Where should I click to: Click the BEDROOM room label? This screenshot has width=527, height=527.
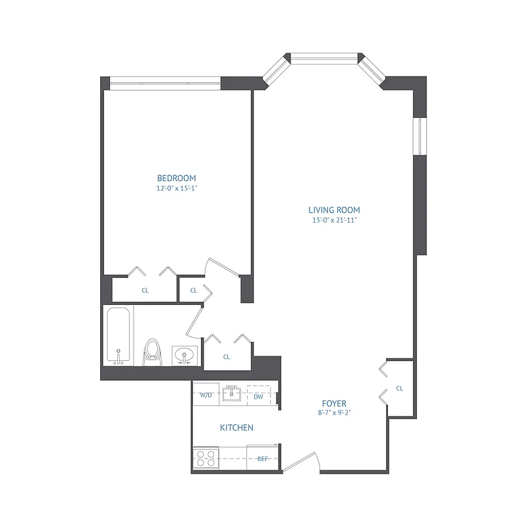[x=177, y=178]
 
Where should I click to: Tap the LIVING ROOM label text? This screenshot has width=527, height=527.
[x=334, y=210]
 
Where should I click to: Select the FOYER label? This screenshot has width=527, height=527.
[x=334, y=403]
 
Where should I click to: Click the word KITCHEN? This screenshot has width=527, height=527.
[x=236, y=428]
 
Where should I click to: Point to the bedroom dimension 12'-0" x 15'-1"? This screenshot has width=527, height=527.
[x=177, y=188]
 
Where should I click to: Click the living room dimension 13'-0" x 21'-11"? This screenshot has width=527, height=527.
[x=334, y=220]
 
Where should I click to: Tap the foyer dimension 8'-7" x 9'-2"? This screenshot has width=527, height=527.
[x=334, y=413]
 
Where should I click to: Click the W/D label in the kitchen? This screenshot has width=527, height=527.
[x=206, y=396]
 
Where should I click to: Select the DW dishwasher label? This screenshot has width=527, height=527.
[x=258, y=396]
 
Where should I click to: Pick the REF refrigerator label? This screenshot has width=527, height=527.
[x=262, y=458]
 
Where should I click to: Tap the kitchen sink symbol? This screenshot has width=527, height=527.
[x=232, y=395]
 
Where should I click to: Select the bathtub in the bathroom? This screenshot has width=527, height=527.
[x=119, y=335]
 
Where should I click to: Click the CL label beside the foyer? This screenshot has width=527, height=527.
[x=400, y=388]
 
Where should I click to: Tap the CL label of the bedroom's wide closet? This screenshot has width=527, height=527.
[x=145, y=290]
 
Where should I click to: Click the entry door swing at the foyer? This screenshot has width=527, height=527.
[x=302, y=463]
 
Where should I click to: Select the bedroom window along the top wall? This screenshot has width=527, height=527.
[x=165, y=82]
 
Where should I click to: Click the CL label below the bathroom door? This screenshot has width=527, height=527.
[x=227, y=356]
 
